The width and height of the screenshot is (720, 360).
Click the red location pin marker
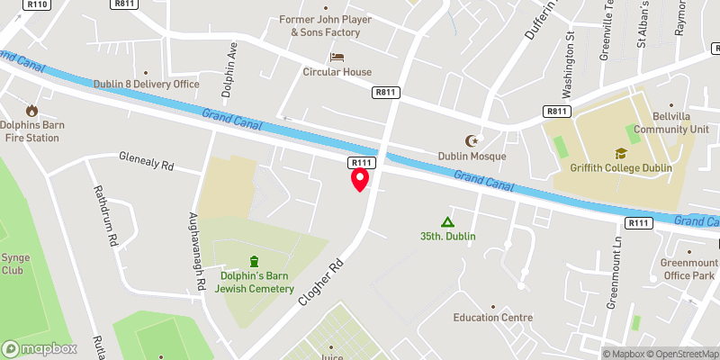click(360, 179)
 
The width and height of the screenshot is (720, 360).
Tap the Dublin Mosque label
click(472, 156)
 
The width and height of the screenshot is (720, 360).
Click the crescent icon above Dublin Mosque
click(468, 140)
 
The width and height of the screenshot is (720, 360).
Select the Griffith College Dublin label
click(633, 166)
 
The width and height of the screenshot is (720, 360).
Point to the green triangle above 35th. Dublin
click(446, 221)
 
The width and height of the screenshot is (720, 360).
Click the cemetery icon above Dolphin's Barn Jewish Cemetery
click(253, 261)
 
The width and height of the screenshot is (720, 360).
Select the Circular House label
click(337, 72)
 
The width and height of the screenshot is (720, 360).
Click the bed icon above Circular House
click(337, 57)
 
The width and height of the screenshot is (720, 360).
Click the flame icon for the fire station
click(32, 111)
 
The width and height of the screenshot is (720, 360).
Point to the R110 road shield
click(36, 4)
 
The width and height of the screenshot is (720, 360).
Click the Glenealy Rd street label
click(147, 161)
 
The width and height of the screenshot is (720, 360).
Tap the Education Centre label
click(492, 317)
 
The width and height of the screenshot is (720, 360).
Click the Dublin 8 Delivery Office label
click(147, 84)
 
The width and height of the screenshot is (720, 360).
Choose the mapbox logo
click(38, 348)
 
